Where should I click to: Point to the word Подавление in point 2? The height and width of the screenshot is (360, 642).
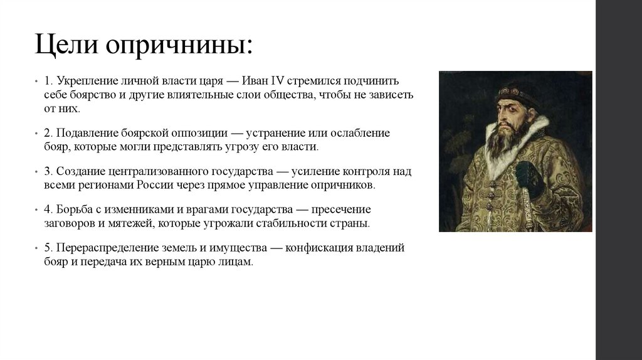[x=85, y=133]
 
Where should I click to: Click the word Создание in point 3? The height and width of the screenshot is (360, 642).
[x=79, y=171]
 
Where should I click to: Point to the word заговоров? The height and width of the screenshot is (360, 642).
[x=68, y=223]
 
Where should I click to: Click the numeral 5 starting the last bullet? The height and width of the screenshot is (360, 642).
[x=47, y=248]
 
